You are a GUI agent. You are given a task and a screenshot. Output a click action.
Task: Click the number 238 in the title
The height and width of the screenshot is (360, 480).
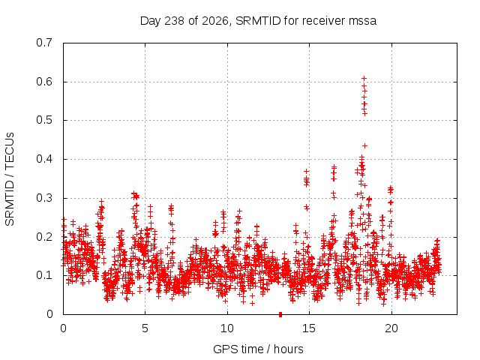click(174, 21)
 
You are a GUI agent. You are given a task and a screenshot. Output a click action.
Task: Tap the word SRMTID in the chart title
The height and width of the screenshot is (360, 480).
click(258, 21)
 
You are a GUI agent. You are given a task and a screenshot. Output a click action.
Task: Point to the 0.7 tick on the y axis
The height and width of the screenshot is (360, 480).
click(44, 43)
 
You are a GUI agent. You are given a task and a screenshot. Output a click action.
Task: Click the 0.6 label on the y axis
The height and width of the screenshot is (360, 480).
click(44, 82)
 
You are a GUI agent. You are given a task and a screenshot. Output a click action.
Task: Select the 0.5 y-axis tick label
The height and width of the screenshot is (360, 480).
click(44, 120)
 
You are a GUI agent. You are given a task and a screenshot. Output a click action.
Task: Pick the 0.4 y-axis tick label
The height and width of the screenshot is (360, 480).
click(44, 159)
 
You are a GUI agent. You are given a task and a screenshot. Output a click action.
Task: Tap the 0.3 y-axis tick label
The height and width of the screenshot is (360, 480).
click(44, 198)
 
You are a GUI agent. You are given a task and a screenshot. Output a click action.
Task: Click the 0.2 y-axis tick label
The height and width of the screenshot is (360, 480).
click(44, 237)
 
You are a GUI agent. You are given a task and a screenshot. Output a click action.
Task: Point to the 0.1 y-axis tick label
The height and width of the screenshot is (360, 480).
click(44, 275)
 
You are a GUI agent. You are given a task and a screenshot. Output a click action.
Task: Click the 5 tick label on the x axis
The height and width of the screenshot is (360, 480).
click(145, 328)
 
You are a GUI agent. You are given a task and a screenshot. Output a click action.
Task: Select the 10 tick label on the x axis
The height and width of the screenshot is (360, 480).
click(227, 328)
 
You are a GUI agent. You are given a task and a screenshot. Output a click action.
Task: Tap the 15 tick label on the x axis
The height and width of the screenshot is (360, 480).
click(309, 328)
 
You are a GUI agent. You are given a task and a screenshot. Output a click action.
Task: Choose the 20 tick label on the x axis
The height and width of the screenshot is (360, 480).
click(391, 328)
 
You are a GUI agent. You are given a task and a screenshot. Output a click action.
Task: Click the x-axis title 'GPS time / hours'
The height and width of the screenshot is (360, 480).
click(258, 349)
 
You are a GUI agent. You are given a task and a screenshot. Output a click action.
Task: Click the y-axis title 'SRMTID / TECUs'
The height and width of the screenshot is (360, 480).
click(10, 179)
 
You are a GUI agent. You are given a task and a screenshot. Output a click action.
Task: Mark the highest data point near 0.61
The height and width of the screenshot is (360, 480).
click(364, 79)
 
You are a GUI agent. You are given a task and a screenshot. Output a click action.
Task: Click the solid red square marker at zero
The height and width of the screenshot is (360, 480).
click(280, 314)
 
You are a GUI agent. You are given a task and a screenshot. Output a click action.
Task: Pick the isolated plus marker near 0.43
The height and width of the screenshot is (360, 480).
click(364, 146)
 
